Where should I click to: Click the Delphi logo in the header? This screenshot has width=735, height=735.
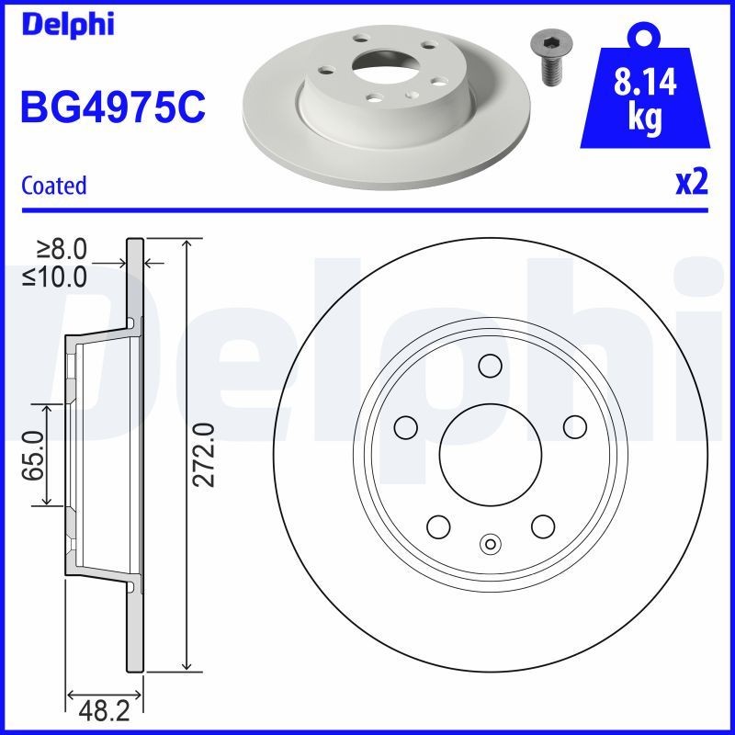click(66, 24)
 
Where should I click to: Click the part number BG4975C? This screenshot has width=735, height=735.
click(111, 107)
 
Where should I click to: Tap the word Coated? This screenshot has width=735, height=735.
click(53, 185)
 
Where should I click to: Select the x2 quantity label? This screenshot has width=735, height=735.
click(692, 183)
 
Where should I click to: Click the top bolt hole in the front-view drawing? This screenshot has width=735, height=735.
click(490, 367)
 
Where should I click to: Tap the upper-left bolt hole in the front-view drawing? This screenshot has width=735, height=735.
click(405, 426)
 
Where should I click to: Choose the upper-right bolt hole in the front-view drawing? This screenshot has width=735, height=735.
click(575, 426)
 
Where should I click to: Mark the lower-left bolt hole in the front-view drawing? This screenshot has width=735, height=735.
click(438, 526)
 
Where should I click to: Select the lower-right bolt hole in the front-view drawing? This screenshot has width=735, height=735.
click(543, 526)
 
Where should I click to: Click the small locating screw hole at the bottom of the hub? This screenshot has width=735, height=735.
click(490, 544)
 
